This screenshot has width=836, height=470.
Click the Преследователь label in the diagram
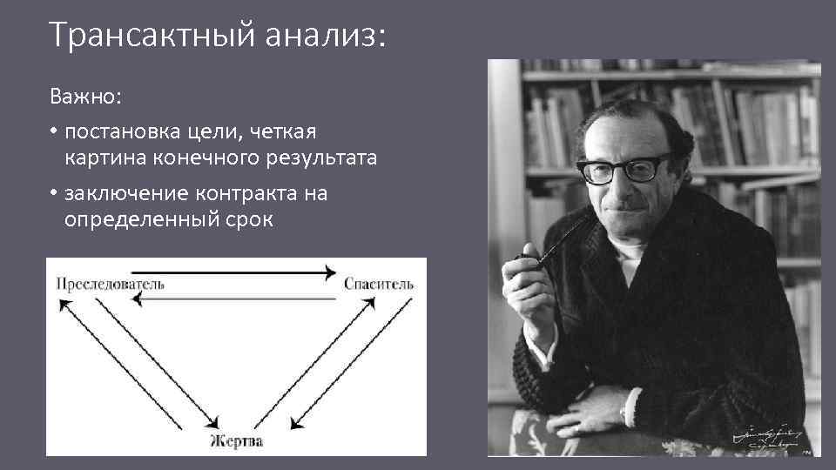click(110, 284)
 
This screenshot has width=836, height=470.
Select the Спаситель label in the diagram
click(379, 284)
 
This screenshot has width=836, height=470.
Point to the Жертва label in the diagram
click(236, 441)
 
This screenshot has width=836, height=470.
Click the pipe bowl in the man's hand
click(526, 260)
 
